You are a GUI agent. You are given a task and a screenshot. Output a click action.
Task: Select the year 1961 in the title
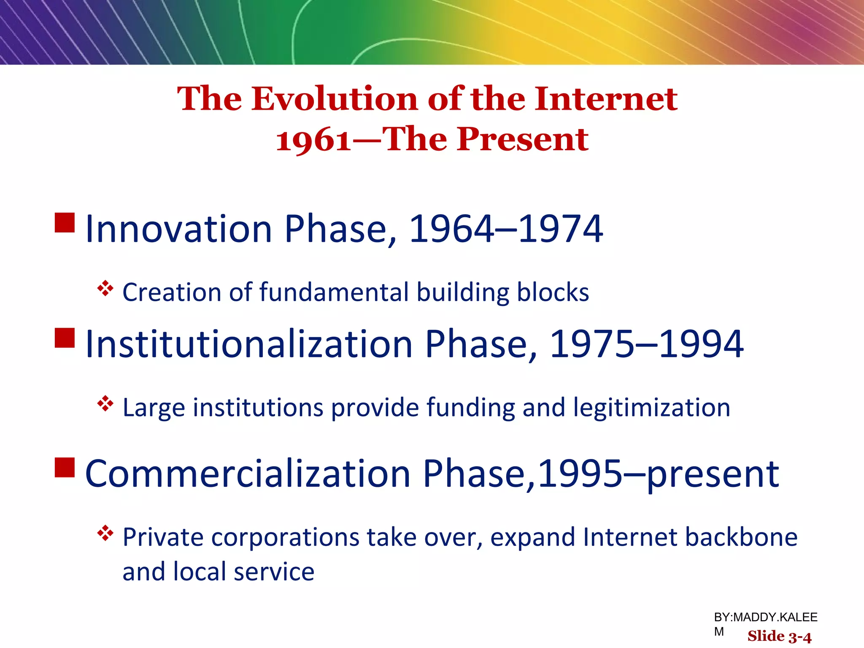[x=313, y=140]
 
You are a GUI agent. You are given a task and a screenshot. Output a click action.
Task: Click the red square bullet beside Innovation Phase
[x=65, y=223]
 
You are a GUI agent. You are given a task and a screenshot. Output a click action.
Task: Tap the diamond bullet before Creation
[x=105, y=289]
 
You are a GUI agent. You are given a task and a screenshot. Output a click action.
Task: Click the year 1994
[x=701, y=344]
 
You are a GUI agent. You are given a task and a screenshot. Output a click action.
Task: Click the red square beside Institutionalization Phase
[x=65, y=337]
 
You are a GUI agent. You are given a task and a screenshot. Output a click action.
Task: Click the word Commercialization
[x=248, y=474]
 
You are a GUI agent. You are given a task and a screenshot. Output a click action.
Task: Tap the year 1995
[x=580, y=474]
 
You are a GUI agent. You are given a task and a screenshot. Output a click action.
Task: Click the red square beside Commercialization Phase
[x=65, y=467]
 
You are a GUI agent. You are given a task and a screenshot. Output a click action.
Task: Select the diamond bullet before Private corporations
[x=105, y=534]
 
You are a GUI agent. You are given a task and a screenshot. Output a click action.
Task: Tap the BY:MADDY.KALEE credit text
[x=765, y=617]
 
